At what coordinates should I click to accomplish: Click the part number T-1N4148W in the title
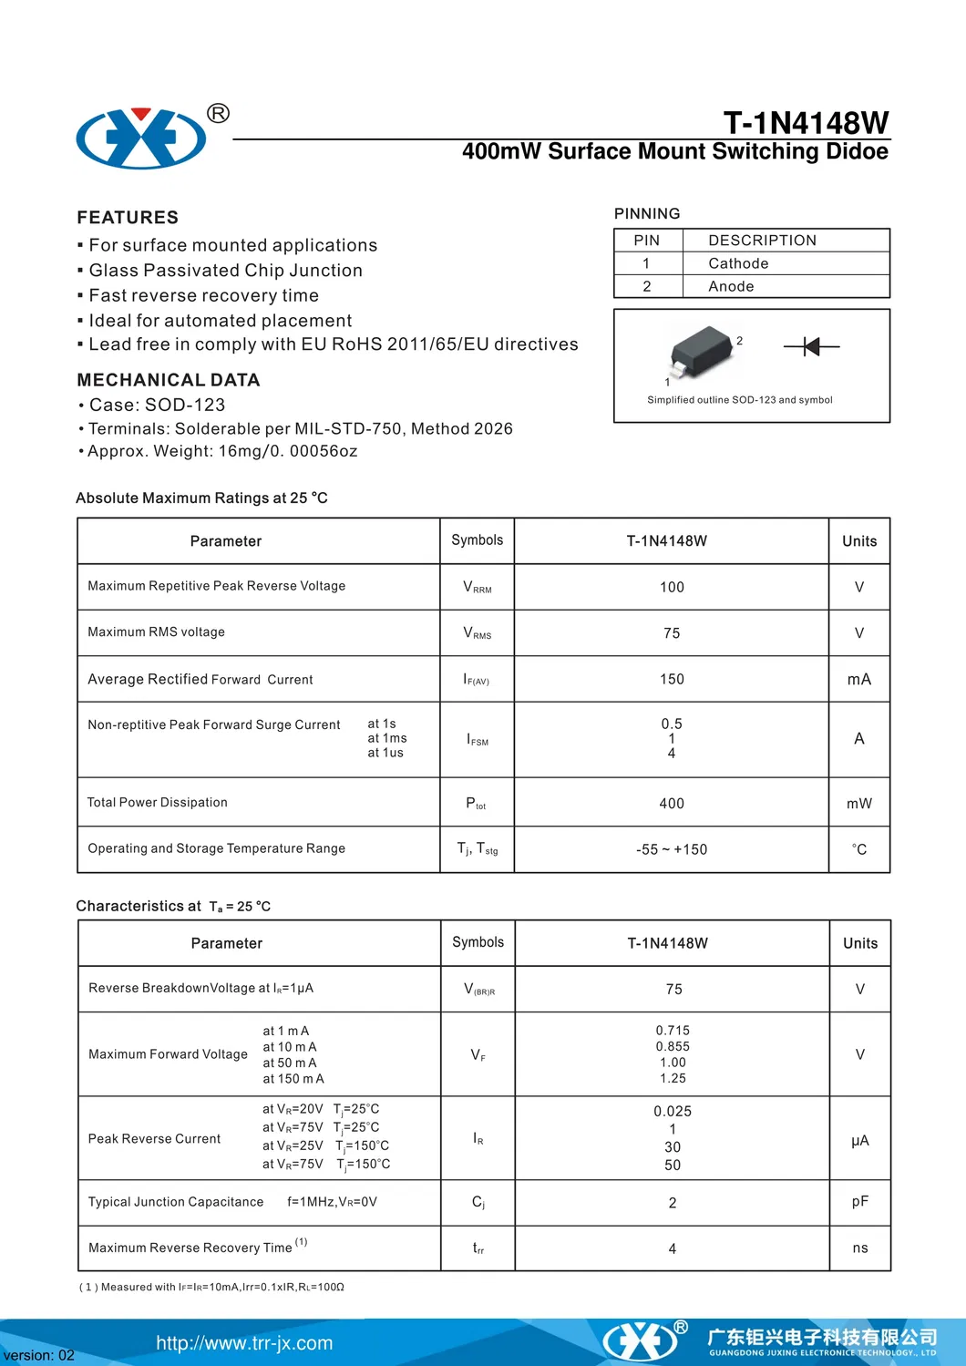[806, 123]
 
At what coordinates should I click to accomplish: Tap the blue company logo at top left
[141, 139]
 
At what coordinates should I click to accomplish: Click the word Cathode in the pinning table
[738, 263]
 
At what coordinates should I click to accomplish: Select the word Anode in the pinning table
[731, 286]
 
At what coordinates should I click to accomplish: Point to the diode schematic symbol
[811, 346]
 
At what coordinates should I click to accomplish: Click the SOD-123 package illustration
[702, 352]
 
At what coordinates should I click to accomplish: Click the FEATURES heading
[128, 217]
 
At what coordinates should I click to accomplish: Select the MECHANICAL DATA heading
[169, 380]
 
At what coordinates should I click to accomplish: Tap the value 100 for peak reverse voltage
[672, 588]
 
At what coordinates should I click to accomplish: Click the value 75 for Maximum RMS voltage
[672, 633]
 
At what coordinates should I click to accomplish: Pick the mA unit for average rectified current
[859, 680]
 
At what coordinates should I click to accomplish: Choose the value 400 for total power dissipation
[672, 804]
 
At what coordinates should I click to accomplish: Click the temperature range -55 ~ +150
[672, 849]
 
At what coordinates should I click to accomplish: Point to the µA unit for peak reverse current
[860, 1140]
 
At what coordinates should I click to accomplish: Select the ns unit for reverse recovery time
[860, 1248]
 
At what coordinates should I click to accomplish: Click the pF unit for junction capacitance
[860, 1202]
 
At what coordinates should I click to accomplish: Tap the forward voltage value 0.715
[673, 1031]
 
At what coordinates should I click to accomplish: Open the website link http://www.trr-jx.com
[244, 1343]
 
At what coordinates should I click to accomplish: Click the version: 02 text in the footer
[39, 1355]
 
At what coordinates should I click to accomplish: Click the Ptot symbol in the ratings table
[476, 804]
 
